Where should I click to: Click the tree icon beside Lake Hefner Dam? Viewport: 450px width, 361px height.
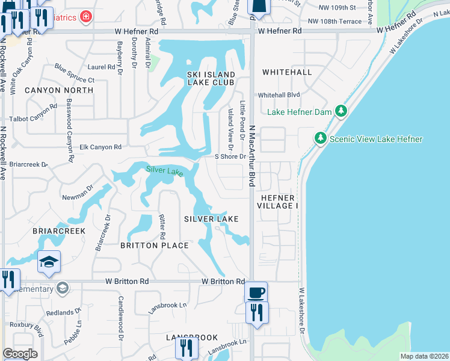[x=341, y=111]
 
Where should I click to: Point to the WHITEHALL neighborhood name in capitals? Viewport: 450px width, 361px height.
[x=287, y=72]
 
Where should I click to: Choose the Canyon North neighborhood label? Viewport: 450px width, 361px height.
[x=59, y=90]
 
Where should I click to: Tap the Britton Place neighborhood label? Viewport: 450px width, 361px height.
[x=154, y=245]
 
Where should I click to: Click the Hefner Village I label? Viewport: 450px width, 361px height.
[x=279, y=202]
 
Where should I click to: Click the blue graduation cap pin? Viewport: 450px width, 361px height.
[x=49, y=262]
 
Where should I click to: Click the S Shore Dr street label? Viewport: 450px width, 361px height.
[x=231, y=156]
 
